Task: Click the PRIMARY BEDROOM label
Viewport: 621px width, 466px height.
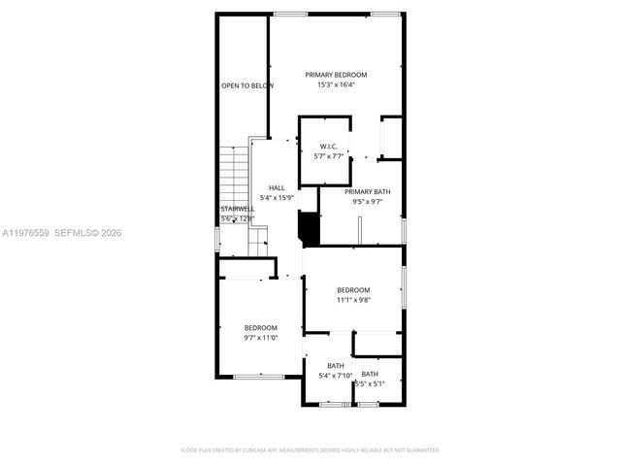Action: point(336,75)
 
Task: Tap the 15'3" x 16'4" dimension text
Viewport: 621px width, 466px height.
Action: point(336,84)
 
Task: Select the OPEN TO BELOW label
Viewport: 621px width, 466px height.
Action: point(247,85)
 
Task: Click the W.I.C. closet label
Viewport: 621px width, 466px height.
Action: point(328,147)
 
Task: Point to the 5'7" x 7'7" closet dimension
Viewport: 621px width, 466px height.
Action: point(328,156)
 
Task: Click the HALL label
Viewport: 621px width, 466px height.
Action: point(277,188)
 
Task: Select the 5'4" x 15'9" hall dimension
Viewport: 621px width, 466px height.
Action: point(277,198)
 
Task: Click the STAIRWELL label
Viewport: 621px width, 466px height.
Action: point(237,209)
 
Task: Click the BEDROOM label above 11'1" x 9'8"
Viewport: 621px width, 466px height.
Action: point(353,290)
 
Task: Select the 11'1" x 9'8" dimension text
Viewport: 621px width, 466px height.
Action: point(353,300)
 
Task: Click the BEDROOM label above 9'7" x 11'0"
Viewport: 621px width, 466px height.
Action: point(260,327)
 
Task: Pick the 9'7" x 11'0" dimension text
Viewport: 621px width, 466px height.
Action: point(260,337)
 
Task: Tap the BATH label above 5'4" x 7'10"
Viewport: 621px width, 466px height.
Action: point(335,366)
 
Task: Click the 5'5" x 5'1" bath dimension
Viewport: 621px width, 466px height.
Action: point(370,383)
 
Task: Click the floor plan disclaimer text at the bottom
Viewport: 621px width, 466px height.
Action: point(310,450)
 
